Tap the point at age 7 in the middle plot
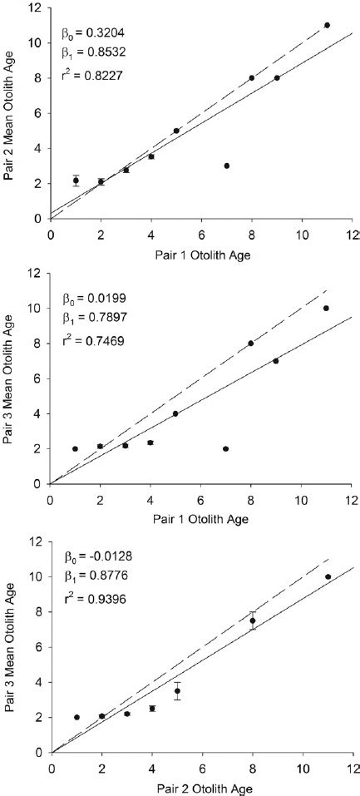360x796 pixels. tap(226, 448)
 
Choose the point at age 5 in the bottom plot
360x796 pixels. tap(176, 691)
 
